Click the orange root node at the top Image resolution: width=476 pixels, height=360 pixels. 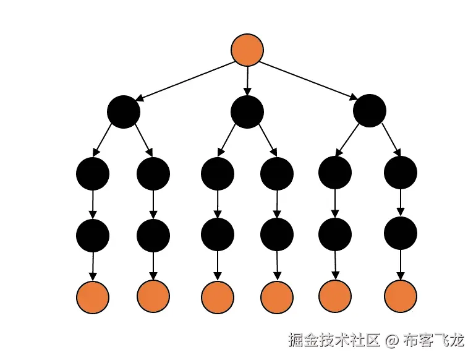pyautogui.click(x=247, y=50)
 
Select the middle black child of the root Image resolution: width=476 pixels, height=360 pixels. pyautogui.click(x=247, y=112)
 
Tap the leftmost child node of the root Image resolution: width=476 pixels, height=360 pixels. pyautogui.click(x=124, y=112)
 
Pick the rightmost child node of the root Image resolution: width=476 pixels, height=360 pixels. pyautogui.click(x=370, y=112)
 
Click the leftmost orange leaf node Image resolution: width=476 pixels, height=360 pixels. pyautogui.click(x=93, y=297)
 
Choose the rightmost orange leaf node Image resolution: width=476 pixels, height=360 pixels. pyautogui.click(x=401, y=297)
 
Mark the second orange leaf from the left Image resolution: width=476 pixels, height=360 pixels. pyautogui.click(x=153, y=297)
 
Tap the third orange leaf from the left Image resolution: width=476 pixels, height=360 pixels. pyautogui.click(x=218, y=297)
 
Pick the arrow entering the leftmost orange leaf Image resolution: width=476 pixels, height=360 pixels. pyautogui.click(x=93, y=265)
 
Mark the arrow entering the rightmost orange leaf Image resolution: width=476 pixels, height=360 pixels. pyautogui.click(x=401, y=265)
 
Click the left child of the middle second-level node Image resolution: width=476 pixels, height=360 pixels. pyautogui.click(x=218, y=174)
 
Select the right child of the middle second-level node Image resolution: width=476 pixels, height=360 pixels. pyautogui.click(x=277, y=174)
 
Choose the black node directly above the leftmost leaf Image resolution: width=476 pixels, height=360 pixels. pyautogui.click(x=93, y=234)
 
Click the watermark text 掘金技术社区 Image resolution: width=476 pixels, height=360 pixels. pyautogui.click(x=333, y=340)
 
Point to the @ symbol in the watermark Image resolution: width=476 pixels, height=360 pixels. pyautogui.click(x=391, y=340)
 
